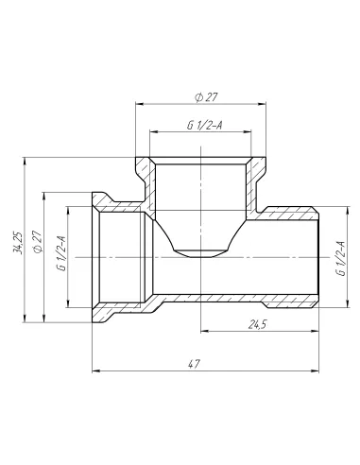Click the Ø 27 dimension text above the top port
point(205,96)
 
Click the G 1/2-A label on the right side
point(338,257)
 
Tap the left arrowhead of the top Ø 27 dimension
point(140,105)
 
